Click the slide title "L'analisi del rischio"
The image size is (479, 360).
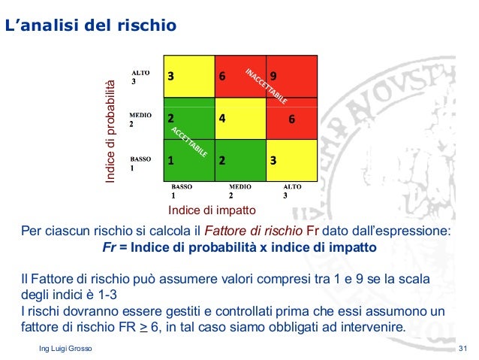tap(91, 27)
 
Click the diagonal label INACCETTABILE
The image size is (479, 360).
tap(266, 85)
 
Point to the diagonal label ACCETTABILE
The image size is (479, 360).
tap(189, 141)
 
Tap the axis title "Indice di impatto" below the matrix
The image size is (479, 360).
tap(212, 210)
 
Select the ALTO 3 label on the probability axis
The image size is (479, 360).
tap(140, 77)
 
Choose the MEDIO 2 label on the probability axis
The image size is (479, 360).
tap(140, 119)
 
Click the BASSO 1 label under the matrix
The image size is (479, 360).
tap(182, 191)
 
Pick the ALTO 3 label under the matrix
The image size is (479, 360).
tap(292, 191)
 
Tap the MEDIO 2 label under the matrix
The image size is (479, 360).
tap(240, 191)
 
